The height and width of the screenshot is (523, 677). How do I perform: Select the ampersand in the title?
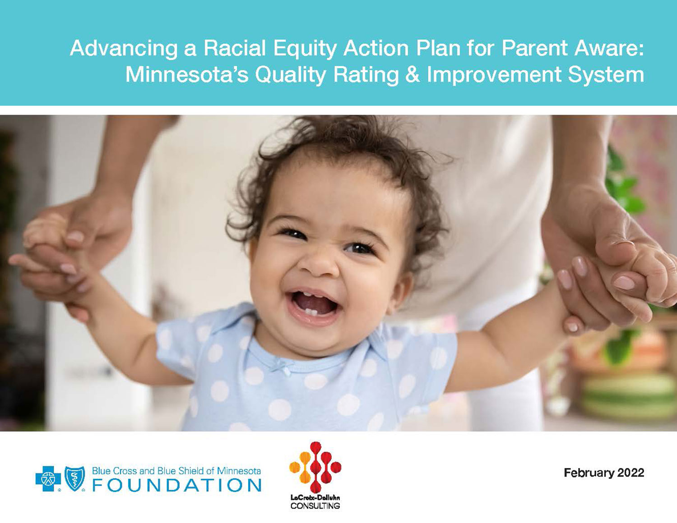pos(413,75)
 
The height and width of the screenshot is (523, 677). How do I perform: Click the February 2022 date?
pos(604,473)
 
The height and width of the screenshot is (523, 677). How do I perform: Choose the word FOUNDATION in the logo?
pos(176,486)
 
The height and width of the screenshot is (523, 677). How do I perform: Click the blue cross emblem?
pos(48,478)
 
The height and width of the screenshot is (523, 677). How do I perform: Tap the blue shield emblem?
pos(74,478)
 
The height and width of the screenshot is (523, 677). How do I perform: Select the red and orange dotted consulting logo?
pos(315,467)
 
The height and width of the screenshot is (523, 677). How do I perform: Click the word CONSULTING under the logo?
pos(315,506)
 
